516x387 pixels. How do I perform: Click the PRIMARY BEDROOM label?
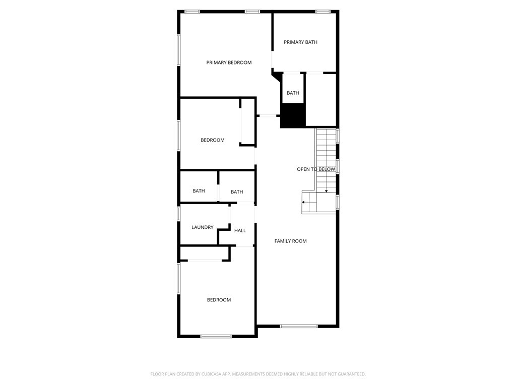(x=229, y=62)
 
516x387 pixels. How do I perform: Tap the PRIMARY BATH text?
(x=300, y=42)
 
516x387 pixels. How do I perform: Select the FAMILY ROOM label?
(x=290, y=241)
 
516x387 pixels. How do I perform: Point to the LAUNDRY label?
(x=202, y=228)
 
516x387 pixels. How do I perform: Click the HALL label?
(x=240, y=231)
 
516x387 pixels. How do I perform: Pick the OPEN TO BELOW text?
(x=316, y=169)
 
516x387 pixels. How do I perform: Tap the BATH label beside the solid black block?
(x=293, y=93)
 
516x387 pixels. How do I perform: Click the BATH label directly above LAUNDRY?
(x=199, y=191)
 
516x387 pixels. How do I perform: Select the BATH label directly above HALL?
(x=237, y=192)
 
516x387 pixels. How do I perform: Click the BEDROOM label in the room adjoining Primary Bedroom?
(x=212, y=140)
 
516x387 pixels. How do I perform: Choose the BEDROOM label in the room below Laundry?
(x=219, y=300)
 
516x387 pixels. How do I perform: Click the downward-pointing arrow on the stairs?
(x=326, y=190)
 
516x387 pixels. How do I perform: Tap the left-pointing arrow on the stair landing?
(x=304, y=202)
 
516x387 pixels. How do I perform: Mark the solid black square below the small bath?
(x=293, y=115)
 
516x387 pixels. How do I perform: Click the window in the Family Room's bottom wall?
(x=299, y=326)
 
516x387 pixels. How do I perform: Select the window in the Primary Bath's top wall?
(x=322, y=12)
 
